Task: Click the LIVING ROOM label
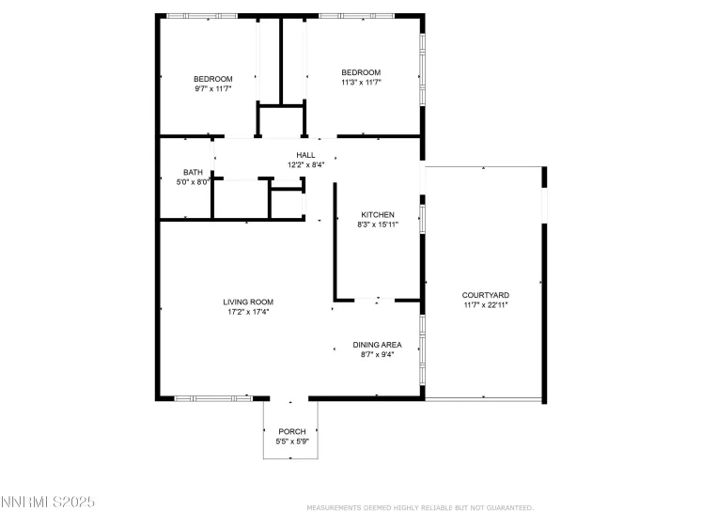pyautogui.click(x=248, y=302)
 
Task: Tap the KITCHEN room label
pyautogui.click(x=378, y=215)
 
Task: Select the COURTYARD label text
pyautogui.click(x=485, y=295)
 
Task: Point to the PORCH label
pyautogui.click(x=292, y=431)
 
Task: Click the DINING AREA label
pyautogui.click(x=377, y=345)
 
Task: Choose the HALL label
pyautogui.click(x=305, y=155)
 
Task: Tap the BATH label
pyautogui.click(x=193, y=172)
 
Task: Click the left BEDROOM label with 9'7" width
pyautogui.click(x=212, y=79)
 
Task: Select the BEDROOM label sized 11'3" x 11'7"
pyautogui.click(x=361, y=73)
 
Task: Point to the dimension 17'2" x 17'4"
pyautogui.click(x=248, y=312)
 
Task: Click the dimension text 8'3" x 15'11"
pyautogui.click(x=378, y=225)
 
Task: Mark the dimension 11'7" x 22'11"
pyautogui.click(x=485, y=304)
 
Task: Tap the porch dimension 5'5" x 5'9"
pyautogui.click(x=292, y=441)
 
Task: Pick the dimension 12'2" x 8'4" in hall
pyautogui.click(x=305, y=164)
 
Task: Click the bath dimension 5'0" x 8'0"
pyautogui.click(x=193, y=182)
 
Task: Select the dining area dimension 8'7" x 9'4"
pyautogui.click(x=377, y=355)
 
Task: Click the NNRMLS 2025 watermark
pyautogui.click(x=48, y=504)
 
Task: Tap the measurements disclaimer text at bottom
pyautogui.click(x=420, y=507)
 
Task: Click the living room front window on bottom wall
pyautogui.click(x=212, y=398)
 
